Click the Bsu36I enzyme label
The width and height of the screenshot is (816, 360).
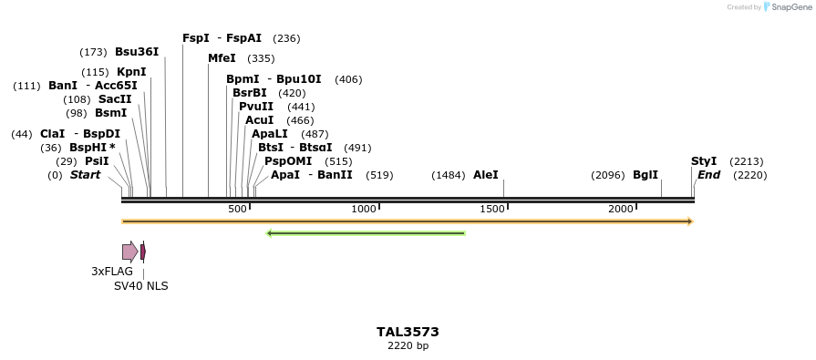click(x=137, y=52)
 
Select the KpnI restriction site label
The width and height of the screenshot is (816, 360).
click(x=131, y=72)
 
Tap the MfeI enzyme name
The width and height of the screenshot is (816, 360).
click(x=222, y=58)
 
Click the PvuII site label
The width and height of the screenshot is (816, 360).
click(x=256, y=107)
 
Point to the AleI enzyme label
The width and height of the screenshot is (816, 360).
click(x=486, y=175)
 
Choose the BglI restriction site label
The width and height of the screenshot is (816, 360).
click(x=646, y=175)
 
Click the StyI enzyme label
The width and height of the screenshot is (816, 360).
click(x=704, y=161)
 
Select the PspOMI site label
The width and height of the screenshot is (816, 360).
click(x=286, y=161)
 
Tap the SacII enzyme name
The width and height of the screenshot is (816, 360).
click(x=115, y=99)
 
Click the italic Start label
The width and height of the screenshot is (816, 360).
click(x=85, y=175)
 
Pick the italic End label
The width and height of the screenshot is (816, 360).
click(x=708, y=175)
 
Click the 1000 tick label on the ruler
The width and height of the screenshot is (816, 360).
click(x=364, y=210)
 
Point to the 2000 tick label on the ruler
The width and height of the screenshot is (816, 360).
click(x=621, y=210)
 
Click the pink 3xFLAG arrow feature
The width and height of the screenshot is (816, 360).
click(x=129, y=251)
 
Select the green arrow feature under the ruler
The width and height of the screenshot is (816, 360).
click(x=366, y=233)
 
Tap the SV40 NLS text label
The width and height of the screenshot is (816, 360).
click(x=140, y=286)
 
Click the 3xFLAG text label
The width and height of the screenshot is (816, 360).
click(x=112, y=272)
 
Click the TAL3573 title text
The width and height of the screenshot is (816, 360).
click(x=408, y=332)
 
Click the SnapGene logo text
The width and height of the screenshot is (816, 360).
click(x=790, y=7)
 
